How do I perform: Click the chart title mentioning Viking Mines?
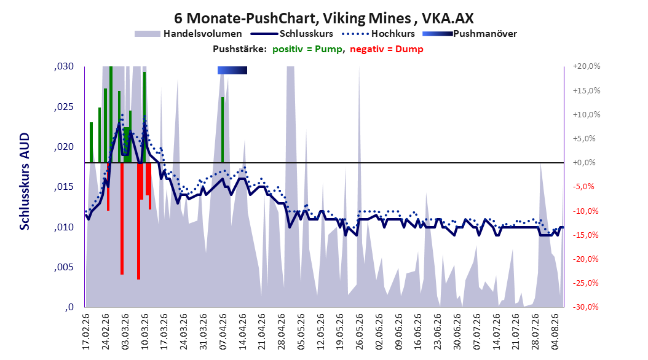(x=323, y=18)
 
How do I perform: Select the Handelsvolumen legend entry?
(x=188, y=34)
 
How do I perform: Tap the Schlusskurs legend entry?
(x=292, y=34)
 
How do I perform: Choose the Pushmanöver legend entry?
(x=470, y=34)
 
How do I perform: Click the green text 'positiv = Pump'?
(x=307, y=49)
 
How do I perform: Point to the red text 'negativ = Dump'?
(x=387, y=49)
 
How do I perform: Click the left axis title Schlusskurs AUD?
(x=25, y=181)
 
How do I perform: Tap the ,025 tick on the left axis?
(x=64, y=107)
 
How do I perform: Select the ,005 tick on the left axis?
(x=64, y=267)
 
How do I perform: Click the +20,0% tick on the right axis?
(x=587, y=66)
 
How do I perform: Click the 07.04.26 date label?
(x=223, y=332)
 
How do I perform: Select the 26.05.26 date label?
(x=360, y=332)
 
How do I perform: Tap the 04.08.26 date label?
(x=555, y=332)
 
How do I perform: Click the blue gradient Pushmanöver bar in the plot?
(x=232, y=70)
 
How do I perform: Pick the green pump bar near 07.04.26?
(x=223, y=130)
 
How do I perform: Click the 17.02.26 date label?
(x=86, y=332)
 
